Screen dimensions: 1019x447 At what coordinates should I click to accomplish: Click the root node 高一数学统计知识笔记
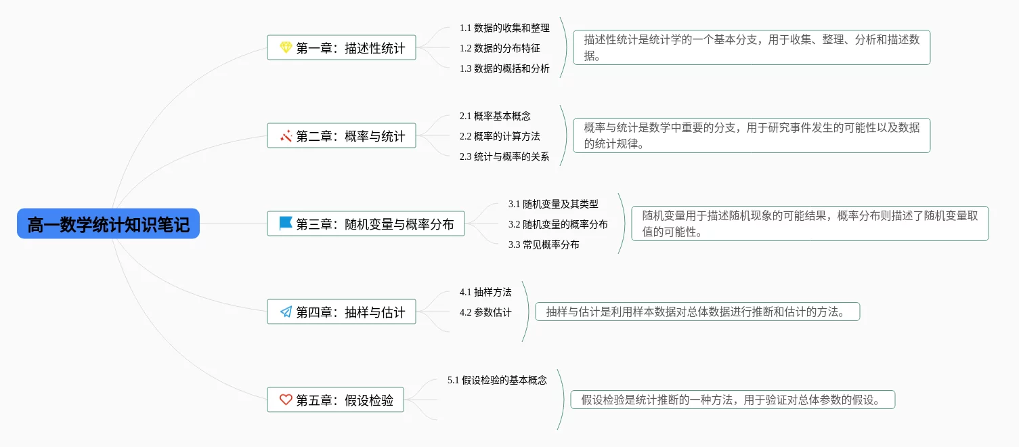coord(108,224)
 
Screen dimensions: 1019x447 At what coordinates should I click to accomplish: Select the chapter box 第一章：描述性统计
coord(341,48)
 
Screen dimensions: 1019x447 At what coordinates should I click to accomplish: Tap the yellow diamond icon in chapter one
coord(286,48)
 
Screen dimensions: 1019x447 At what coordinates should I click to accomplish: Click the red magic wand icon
coord(286,136)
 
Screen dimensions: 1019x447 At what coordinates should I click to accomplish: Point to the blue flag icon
coord(286,223)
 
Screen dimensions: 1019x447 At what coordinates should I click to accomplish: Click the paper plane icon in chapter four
coord(286,312)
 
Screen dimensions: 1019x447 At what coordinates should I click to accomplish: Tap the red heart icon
coord(286,400)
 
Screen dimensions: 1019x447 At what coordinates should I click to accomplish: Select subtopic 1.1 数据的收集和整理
coord(504,28)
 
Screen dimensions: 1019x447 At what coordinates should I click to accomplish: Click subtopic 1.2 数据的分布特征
coord(500,48)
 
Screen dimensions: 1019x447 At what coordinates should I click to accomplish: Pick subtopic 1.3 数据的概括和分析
coord(504,68)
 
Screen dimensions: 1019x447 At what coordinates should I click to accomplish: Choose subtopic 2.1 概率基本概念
coord(495,116)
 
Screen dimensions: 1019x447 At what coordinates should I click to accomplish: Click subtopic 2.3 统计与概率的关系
coord(504,156)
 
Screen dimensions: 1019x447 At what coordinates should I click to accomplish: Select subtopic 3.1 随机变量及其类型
coord(553,203)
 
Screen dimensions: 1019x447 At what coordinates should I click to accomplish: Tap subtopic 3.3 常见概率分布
coord(544,244)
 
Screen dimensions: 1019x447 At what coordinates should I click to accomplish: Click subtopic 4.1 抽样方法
coord(485,292)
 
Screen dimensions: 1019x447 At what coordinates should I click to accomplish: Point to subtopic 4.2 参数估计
coord(485,312)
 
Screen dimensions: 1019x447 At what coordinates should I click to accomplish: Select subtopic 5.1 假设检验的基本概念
coord(497,380)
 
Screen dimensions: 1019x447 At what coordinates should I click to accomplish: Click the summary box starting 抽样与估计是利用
coord(697,312)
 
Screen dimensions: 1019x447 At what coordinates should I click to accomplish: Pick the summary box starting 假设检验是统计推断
coord(733,400)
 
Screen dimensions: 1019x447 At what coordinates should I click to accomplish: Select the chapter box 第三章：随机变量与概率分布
coord(366,223)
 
